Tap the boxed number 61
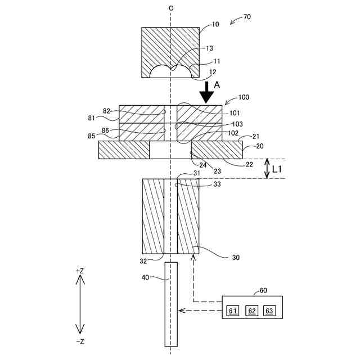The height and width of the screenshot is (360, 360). tap(233, 310)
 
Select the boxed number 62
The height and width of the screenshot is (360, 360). tap(252, 310)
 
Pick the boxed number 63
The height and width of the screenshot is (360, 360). tap(269, 310)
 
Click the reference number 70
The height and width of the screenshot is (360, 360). tap(247, 17)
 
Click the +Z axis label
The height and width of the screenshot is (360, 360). tap(80, 271)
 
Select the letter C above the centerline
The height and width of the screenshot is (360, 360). tap(170, 8)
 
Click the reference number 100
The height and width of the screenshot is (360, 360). tap(244, 97)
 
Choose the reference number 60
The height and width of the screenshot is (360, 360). tap(263, 291)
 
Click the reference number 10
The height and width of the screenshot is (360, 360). tap(215, 25)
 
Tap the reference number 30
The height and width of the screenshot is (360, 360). tap(236, 258)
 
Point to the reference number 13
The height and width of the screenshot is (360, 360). tap(209, 49)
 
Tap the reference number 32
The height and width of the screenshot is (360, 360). tap(144, 261)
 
